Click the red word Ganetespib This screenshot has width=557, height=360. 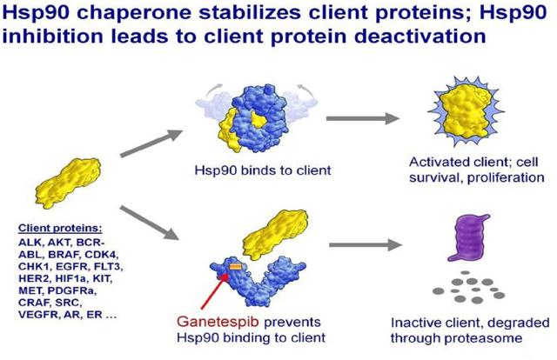218,322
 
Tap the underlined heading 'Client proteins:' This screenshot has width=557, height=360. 60,229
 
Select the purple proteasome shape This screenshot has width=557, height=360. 468,237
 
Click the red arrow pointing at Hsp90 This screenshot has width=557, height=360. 214,291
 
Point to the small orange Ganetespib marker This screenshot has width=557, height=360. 235,266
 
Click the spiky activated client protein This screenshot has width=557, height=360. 466,110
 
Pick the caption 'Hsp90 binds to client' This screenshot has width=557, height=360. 263,170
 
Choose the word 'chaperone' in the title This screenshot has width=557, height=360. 134,13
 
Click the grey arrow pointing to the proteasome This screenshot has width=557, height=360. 366,244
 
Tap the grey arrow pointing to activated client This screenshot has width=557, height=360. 363,118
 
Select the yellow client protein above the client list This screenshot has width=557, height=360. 68,183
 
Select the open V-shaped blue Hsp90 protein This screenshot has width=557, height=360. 258,281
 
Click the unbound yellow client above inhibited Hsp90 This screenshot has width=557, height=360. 275,230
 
